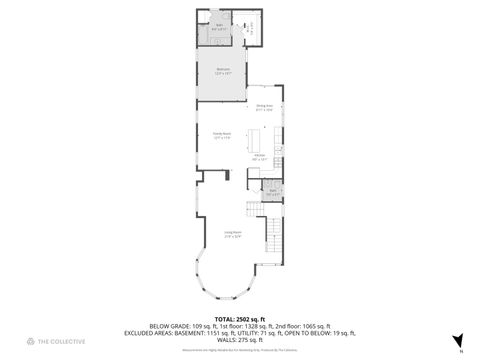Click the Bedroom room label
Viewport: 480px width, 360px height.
(x=223, y=71)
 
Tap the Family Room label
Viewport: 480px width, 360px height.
(x=222, y=134)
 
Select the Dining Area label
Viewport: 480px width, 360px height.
(x=264, y=107)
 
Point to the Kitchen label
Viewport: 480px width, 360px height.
(x=259, y=157)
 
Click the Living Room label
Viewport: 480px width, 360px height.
(x=232, y=236)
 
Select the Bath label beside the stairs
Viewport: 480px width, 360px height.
(x=272, y=192)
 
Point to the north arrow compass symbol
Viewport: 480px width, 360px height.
(x=458, y=341)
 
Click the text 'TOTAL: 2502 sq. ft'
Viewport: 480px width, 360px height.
(x=239, y=318)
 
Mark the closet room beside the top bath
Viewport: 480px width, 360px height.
(x=251, y=27)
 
